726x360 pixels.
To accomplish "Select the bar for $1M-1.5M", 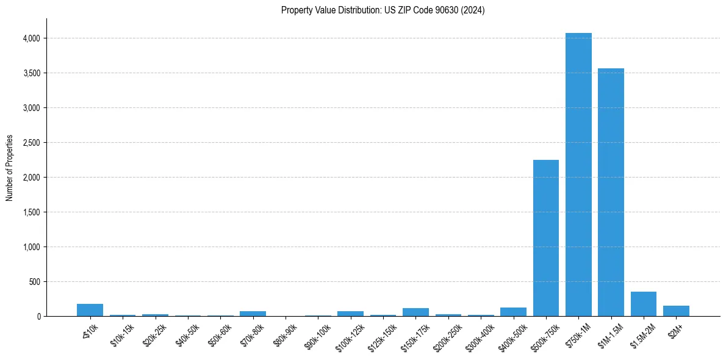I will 611,192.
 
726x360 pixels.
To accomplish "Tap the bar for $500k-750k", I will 546,238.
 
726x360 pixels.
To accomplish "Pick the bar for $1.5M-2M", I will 644,304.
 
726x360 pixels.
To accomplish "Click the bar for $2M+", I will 676,311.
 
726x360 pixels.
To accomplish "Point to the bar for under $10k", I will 90,310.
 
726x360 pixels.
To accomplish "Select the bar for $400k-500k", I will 513,312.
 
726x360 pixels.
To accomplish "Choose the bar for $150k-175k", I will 415,312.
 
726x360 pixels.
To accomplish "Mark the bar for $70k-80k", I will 253,314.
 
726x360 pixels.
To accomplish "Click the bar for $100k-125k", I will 350,314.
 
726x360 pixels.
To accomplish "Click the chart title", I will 383,10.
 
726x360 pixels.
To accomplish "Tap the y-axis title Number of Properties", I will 10,167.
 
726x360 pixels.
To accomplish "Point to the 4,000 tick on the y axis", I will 31,38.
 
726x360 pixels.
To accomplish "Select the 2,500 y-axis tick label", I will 31,143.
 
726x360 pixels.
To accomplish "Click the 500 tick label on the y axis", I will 34,282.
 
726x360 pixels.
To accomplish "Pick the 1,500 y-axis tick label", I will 31,212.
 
